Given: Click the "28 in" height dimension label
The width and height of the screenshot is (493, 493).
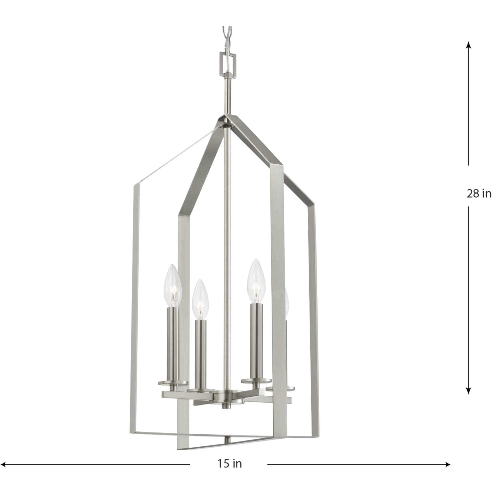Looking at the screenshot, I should pyautogui.click(x=479, y=194).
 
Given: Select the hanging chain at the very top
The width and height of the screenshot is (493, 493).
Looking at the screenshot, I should pyautogui.click(x=227, y=38).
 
